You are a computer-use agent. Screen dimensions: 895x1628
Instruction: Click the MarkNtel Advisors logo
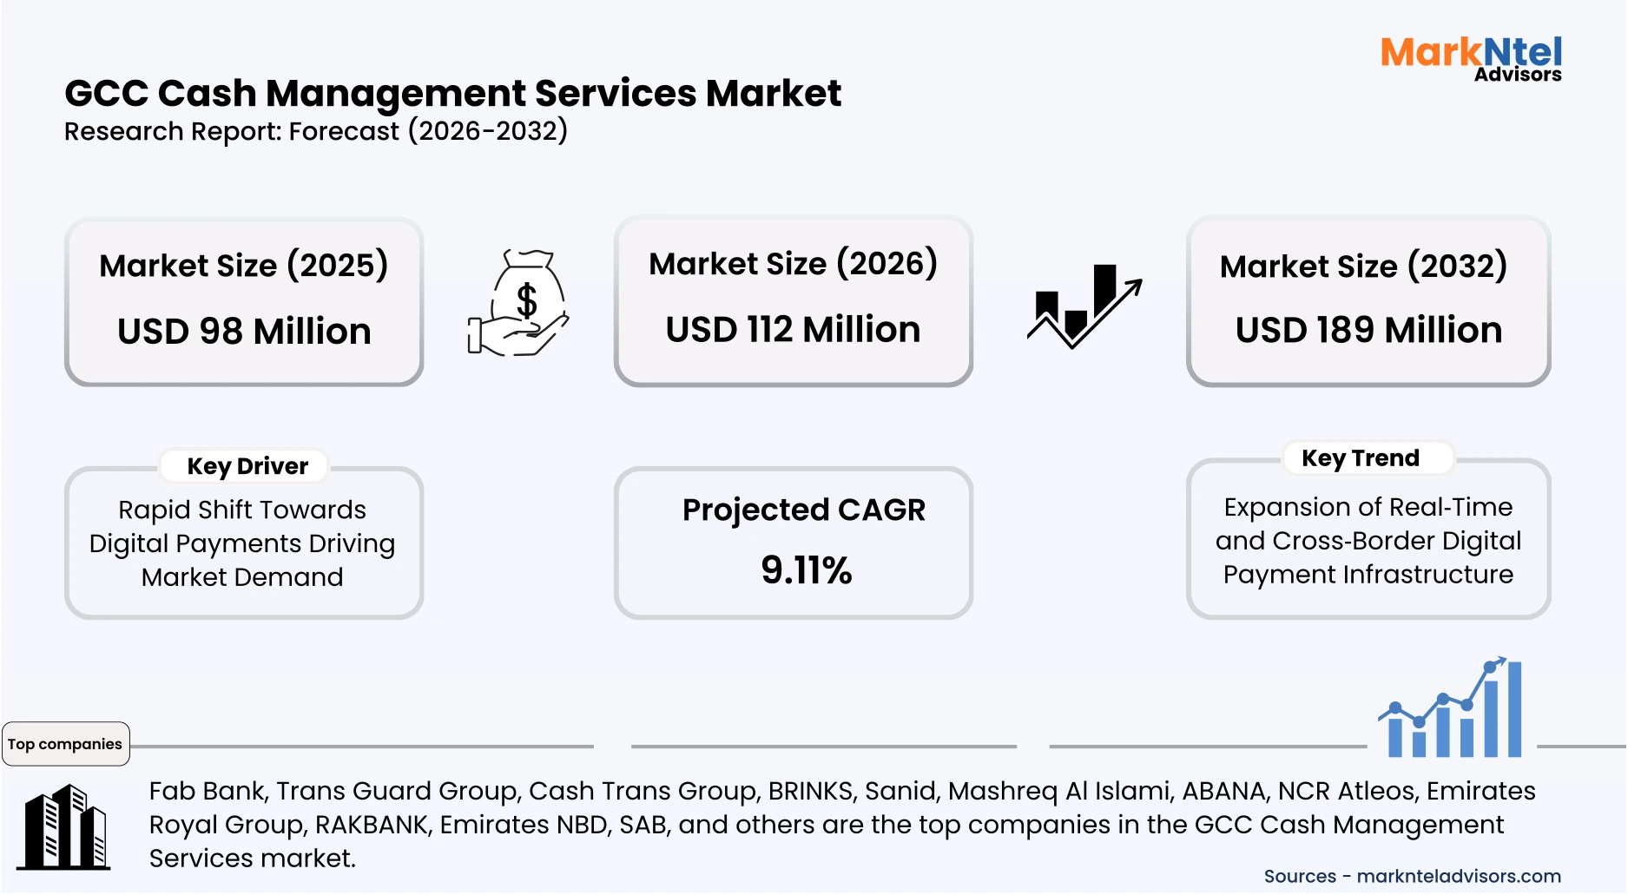point(1471,59)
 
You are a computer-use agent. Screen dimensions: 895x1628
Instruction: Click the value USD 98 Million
point(244,332)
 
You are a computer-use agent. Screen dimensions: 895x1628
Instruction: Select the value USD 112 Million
point(793,330)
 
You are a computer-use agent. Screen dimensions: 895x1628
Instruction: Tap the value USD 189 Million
point(1368,331)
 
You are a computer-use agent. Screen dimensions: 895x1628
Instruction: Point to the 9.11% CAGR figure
point(806,570)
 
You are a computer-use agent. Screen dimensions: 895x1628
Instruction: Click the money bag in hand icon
point(519,303)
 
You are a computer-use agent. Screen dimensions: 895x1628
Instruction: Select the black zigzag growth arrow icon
point(1084,306)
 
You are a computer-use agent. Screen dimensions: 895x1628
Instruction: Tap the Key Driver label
point(247,466)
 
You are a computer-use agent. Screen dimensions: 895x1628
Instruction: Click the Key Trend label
point(1360,458)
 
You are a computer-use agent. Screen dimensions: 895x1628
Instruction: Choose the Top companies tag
point(65,744)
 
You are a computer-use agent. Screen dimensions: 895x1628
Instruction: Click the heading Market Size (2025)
point(243,266)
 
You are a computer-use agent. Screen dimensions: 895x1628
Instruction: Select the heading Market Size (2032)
point(1363,267)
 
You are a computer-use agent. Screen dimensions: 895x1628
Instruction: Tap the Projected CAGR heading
point(803,510)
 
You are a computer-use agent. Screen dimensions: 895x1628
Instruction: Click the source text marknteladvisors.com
point(1459,876)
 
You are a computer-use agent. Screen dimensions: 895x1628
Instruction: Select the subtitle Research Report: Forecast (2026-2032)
point(316,131)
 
